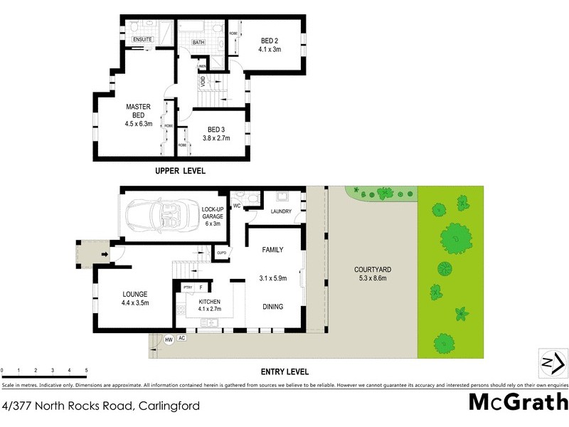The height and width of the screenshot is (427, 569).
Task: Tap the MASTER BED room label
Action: [x=139, y=107]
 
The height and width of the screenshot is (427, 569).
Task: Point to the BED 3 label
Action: [x=216, y=129]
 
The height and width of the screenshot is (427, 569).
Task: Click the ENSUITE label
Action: [x=142, y=39]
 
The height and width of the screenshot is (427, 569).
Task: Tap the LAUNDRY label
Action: [x=282, y=211]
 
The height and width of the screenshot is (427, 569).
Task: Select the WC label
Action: [x=237, y=206]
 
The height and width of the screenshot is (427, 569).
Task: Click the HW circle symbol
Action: [x=169, y=339]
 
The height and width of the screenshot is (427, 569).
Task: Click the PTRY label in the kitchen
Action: [x=188, y=288]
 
